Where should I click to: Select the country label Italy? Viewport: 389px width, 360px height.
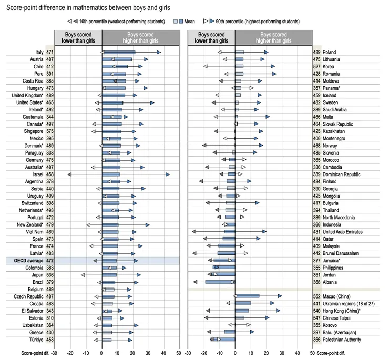click(39, 52)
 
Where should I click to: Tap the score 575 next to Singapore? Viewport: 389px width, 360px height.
click(50, 131)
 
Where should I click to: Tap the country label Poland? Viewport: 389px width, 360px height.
click(330, 52)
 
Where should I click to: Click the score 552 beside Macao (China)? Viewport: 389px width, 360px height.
click(318, 296)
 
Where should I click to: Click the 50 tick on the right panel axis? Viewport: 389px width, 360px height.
click(312, 353)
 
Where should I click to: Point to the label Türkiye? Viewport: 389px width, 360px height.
click(36, 340)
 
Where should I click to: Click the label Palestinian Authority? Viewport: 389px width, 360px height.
click(344, 340)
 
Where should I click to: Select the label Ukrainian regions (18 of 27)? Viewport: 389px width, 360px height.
click(350, 303)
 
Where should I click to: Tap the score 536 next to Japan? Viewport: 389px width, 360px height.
click(50, 274)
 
